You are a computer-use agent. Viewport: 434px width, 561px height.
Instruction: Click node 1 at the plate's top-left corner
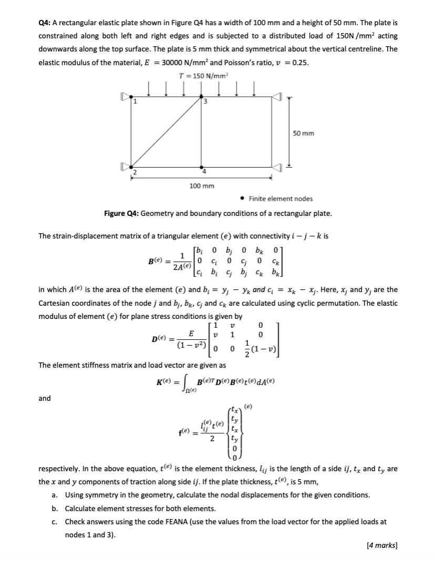[x=131, y=97]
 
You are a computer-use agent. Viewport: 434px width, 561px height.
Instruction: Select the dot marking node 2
[x=131, y=168]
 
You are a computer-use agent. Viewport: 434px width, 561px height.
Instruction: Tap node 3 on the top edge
[x=202, y=97]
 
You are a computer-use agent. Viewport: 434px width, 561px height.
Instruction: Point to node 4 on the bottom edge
[x=202, y=168]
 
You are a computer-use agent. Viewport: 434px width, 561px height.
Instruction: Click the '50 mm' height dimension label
[x=304, y=133]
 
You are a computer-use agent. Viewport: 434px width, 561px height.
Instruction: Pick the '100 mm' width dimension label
[x=201, y=186]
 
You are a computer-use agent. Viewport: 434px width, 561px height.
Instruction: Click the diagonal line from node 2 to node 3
[x=167, y=132]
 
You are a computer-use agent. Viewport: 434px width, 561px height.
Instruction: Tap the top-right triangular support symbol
[x=277, y=97]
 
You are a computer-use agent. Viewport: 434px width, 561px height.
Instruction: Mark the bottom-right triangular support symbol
[x=277, y=168]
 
